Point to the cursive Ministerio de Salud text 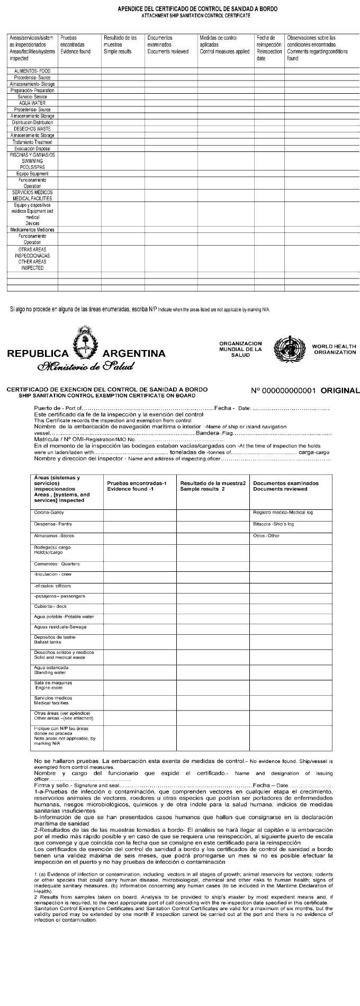tap(85, 366)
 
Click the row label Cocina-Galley tap(49, 513)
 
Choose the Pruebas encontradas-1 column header tap(137, 486)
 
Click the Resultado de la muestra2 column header tap(213, 486)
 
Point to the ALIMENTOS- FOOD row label tap(32, 71)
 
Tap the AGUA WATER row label tap(32, 103)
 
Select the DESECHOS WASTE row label tap(32, 129)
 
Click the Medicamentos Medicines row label tap(32, 230)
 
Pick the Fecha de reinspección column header tap(269, 48)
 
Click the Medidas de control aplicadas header tap(224, 45)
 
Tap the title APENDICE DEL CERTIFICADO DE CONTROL tap(197, 9)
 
